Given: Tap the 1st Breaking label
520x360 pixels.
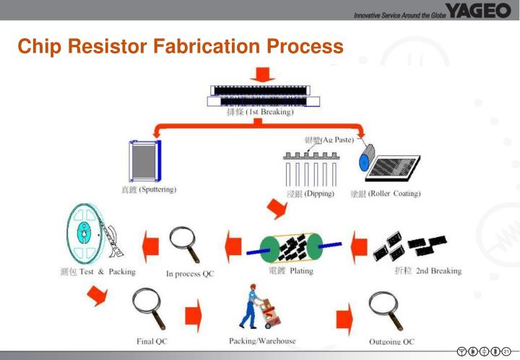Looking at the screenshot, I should click(x=260, y=113).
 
